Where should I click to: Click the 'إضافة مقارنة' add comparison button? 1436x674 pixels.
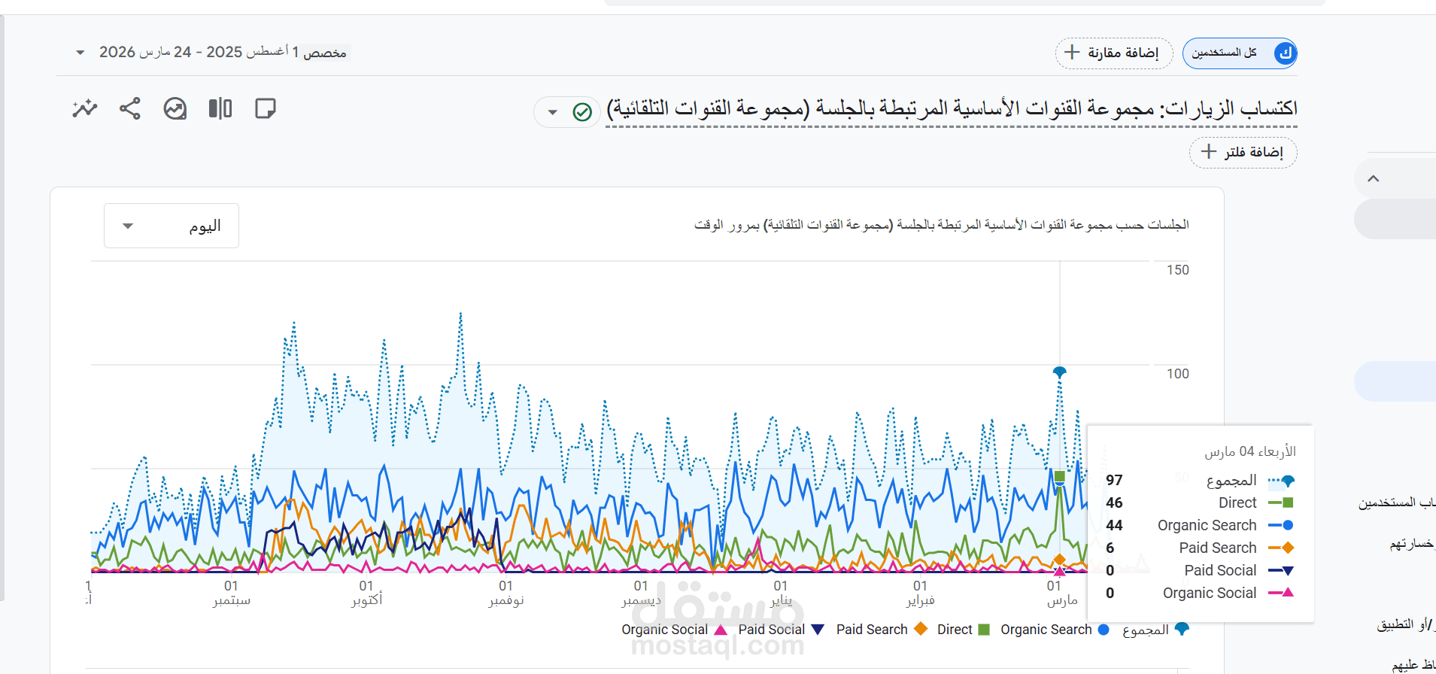coord(1114,53)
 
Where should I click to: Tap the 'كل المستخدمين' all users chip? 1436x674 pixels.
coord(1239,53)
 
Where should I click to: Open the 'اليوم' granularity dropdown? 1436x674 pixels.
coord(172,226)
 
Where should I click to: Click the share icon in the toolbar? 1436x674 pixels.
coord(130,109)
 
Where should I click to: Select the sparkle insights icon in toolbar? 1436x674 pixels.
coord(85,109)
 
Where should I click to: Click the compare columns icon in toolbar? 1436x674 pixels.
coord(220,109)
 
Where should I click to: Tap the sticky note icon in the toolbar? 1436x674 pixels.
coord(266,109)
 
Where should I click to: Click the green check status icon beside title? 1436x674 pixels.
coord(582,112)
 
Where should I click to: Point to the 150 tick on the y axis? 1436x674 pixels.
coord(1177,270)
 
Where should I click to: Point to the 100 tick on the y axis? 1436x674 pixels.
coord(1177,374)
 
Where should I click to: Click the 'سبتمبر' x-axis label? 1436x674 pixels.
coord(231,600)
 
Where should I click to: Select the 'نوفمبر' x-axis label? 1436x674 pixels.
coord(505,600)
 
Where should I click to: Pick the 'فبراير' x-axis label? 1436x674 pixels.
coord(920,600)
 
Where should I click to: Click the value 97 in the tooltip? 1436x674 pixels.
coord(1114,480)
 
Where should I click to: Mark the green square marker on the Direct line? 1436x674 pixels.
coord(1060,476)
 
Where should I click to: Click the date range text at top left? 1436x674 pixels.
coord(223,52)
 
